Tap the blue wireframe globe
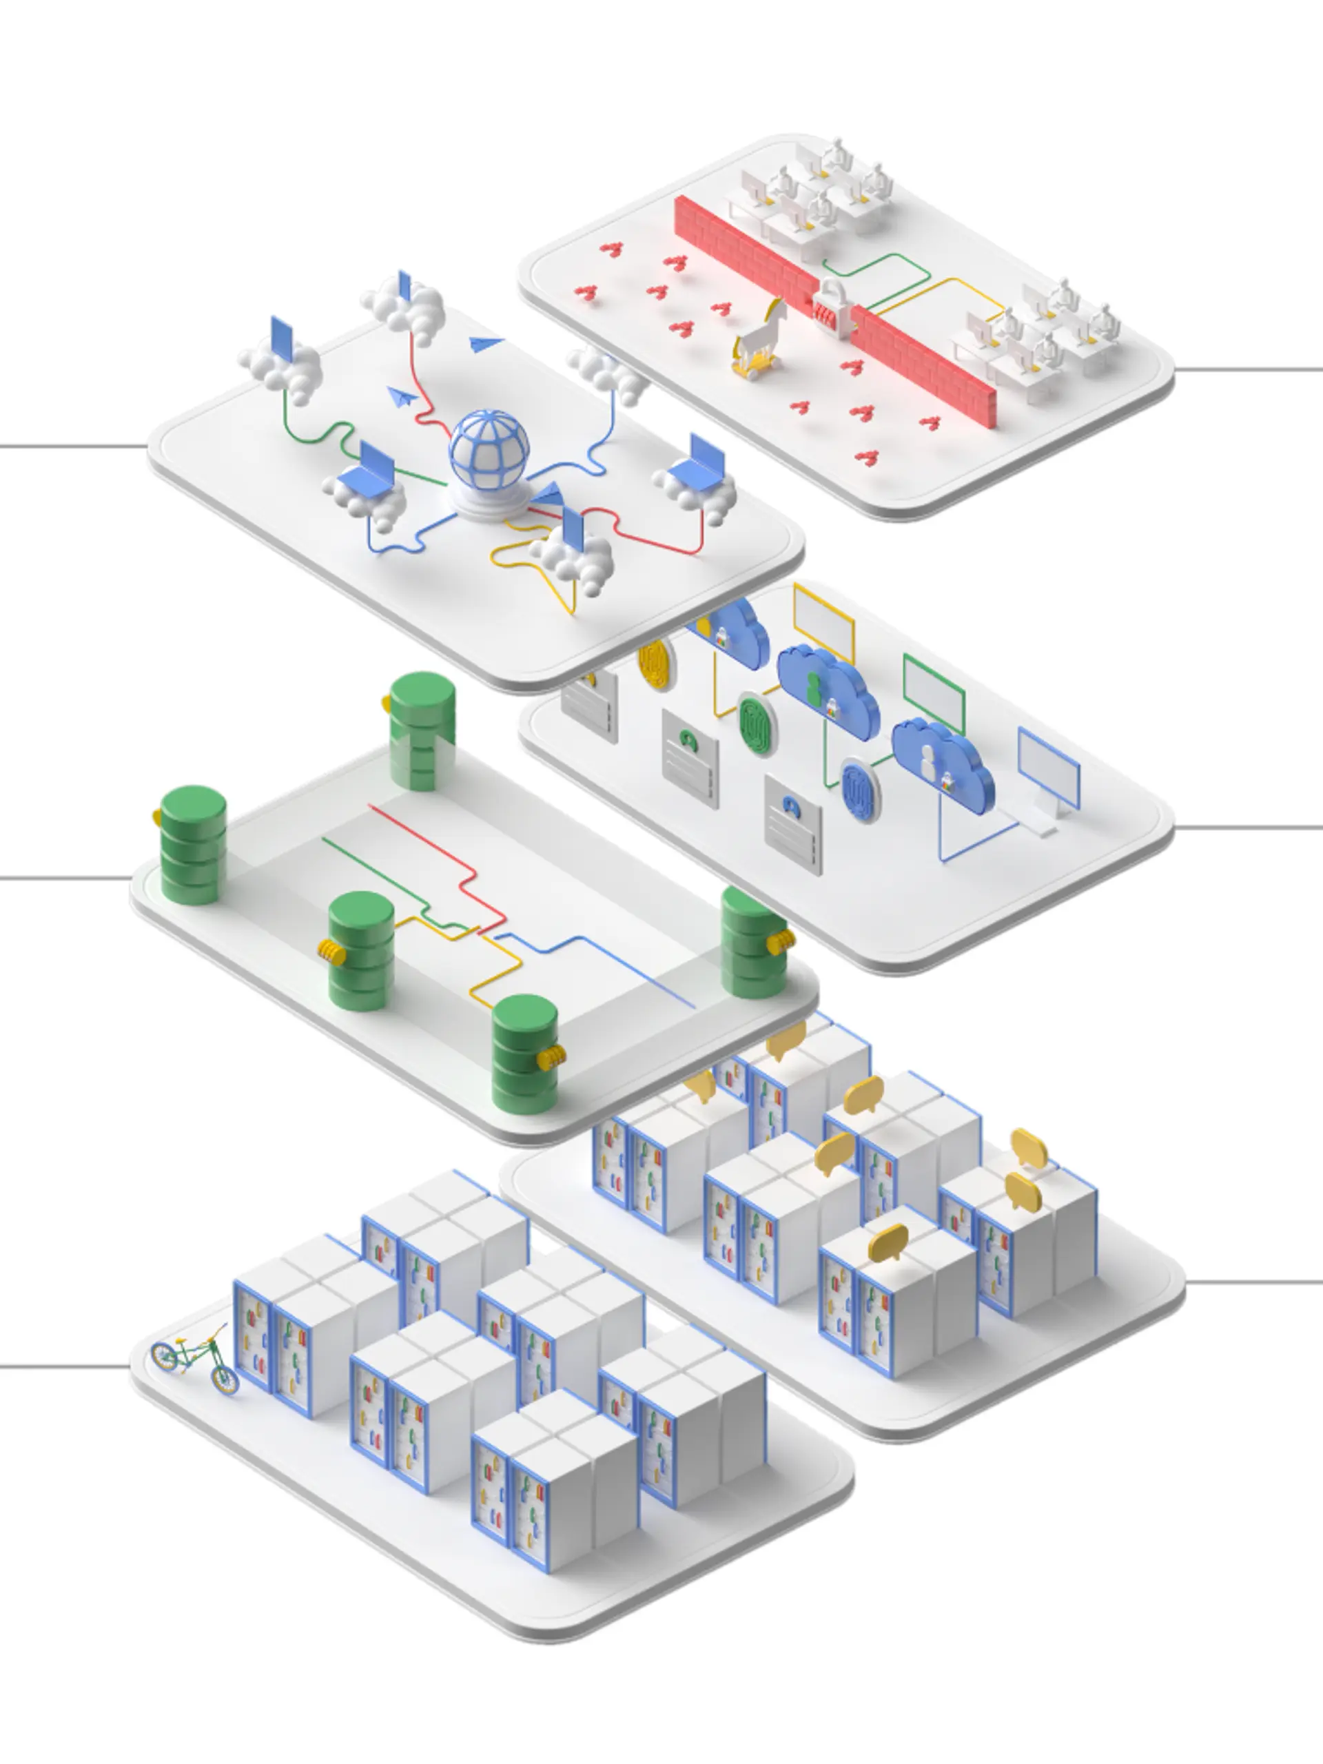(489, 451)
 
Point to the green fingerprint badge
(756, 724)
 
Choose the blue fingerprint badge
(860, 790)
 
